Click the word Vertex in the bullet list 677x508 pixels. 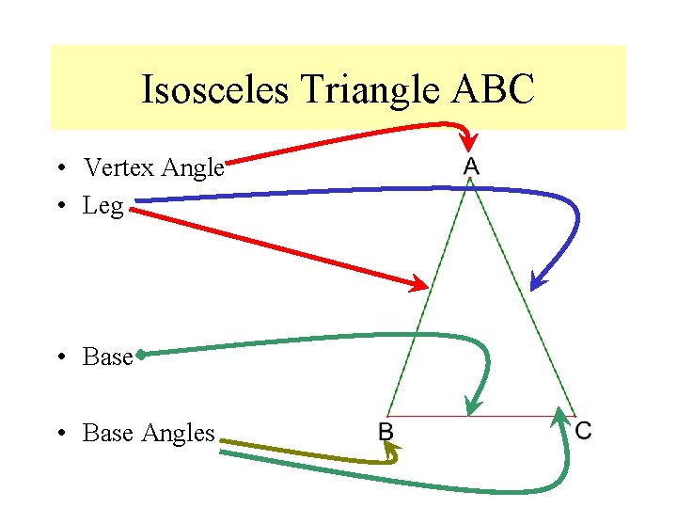point(120,168)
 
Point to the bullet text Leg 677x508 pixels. point(103,206)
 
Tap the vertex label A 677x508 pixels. point(471,167)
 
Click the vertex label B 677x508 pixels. point(386,432)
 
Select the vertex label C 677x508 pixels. point(583,431)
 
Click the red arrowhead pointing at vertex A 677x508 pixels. point(467,142)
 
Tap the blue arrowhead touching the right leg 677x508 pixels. point(537,280)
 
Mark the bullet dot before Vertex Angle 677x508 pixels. point(58,169)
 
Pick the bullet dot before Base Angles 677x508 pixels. point(58,434)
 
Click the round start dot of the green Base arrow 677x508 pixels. point(140,355)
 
